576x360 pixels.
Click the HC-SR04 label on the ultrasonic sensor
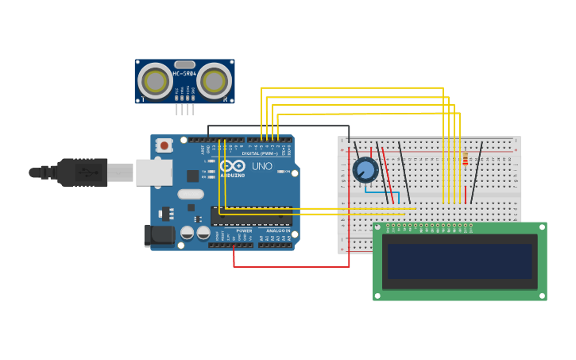pos(184,73)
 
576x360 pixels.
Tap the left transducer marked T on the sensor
pos(155,81)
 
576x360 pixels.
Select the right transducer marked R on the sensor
pos(215,81)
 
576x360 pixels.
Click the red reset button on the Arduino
pos(164,145)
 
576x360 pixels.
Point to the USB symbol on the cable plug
pos(84,172)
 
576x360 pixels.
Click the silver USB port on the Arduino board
pos(153,172)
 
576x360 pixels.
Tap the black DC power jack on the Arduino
pos(159,235)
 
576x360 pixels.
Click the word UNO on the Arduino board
pos(262,167)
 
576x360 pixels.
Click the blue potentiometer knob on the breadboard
pos(365,169)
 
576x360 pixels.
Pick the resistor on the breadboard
pos(465,159)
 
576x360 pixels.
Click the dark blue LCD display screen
pos(459,261)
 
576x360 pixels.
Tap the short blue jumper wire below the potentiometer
pos(377,192)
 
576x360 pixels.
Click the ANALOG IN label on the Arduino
pos(277,230)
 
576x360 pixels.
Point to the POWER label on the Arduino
pos(244,230)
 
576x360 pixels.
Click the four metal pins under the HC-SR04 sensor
pos(184,109)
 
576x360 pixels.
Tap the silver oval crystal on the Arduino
pos(191,194)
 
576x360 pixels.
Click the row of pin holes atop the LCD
pos(429,226)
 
